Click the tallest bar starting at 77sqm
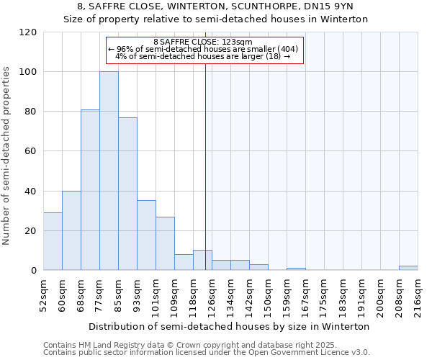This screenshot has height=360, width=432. click(x=109, y=171)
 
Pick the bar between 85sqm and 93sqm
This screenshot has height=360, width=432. click(x=127, y=194)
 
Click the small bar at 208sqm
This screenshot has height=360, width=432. click(x=408, y=268)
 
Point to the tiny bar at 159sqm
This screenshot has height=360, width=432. click(x=296, y=269)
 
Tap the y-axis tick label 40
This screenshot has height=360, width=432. click(x=31, y=192)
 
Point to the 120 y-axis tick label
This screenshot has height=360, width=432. click(x=28, y=32)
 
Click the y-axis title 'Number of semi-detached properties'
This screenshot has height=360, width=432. click(x=7, y=151)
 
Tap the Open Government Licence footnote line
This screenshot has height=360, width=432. click(x=207, y=353)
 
